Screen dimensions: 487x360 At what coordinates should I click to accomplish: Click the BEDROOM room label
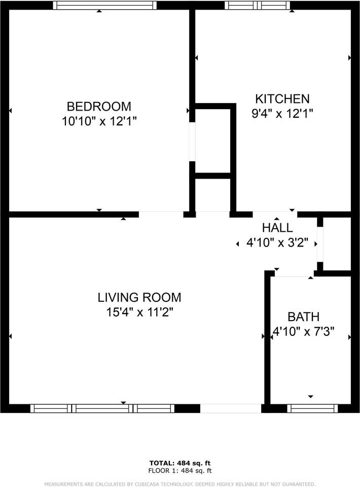click(99, 107)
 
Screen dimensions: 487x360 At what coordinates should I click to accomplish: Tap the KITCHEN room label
click(282, 99)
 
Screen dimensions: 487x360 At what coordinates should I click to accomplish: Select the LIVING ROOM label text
click(139, 298)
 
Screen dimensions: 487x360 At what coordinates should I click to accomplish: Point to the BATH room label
click(303, 318)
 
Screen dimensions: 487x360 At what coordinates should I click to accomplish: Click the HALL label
click(277, 228)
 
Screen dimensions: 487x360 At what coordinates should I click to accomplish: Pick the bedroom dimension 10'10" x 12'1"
click(99, 122)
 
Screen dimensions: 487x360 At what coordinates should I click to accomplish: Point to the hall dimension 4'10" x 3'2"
click(277, 243)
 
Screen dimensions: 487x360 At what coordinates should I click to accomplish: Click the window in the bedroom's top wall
click(105, 6)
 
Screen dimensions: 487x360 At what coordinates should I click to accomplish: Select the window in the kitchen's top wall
click(258, 6)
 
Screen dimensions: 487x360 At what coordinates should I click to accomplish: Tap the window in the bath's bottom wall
click(312, 408)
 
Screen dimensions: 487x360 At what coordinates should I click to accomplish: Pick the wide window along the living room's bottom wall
click(102, 408)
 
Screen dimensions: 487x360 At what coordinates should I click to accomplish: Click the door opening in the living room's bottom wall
click(231, 408)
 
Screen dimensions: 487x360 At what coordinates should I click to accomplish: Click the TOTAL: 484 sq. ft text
click(180, 463)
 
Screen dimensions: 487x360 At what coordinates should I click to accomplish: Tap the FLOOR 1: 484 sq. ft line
click(180, 471)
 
